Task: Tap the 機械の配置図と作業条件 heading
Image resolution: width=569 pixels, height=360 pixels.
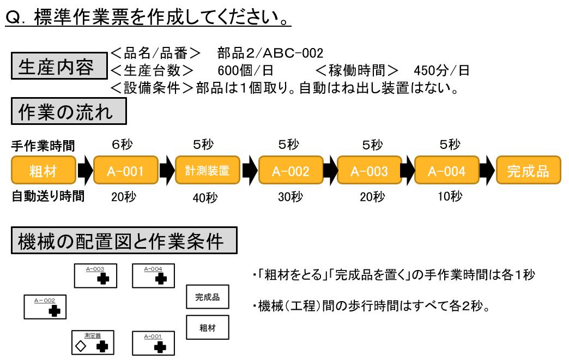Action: tap(124, 241)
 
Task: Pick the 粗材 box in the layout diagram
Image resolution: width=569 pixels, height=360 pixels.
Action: tap(207, 327)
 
